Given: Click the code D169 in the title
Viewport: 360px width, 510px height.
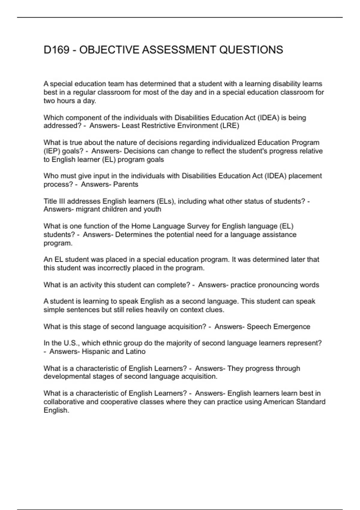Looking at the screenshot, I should [57, 50].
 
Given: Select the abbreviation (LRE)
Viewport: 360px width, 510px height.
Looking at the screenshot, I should [229, 126].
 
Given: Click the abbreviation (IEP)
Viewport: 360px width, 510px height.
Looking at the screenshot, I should [52, 151].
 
